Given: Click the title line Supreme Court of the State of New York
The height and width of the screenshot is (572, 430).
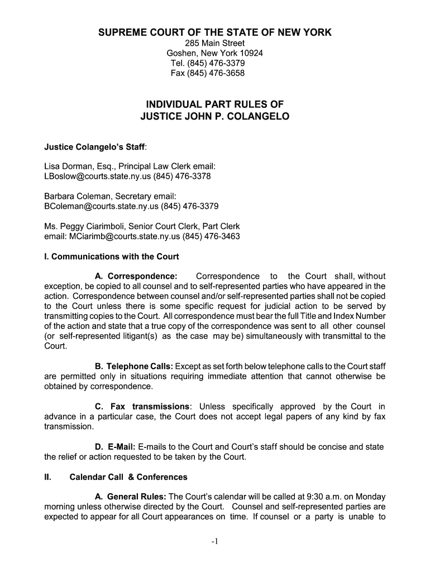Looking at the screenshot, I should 215,32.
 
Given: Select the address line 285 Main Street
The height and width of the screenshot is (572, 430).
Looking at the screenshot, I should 215,44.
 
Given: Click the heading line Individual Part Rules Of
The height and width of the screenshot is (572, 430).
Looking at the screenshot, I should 215,104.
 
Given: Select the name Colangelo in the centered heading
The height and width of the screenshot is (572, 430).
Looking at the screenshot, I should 261,117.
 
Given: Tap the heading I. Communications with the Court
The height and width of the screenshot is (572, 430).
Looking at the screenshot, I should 112,257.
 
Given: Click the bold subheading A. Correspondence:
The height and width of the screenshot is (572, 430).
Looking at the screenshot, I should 136,277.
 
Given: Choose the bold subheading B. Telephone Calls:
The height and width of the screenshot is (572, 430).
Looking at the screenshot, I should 134,366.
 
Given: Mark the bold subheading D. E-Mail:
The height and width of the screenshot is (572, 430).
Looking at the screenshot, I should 116,447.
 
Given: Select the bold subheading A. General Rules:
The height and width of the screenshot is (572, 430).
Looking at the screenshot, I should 131,497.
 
